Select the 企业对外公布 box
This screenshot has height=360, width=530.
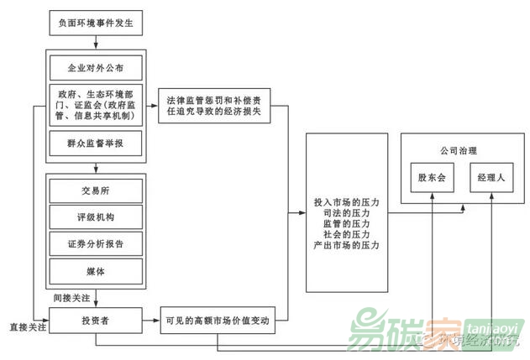pos(94,65)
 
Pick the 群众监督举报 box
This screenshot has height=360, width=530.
pos(94,143)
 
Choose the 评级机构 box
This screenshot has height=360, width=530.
pos(94,217)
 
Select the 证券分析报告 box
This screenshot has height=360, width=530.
pos(94,244)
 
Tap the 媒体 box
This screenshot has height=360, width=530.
pos(94,271)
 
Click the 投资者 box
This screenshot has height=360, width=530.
pos(94,321)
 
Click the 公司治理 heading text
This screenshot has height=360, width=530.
pos(459,151)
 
